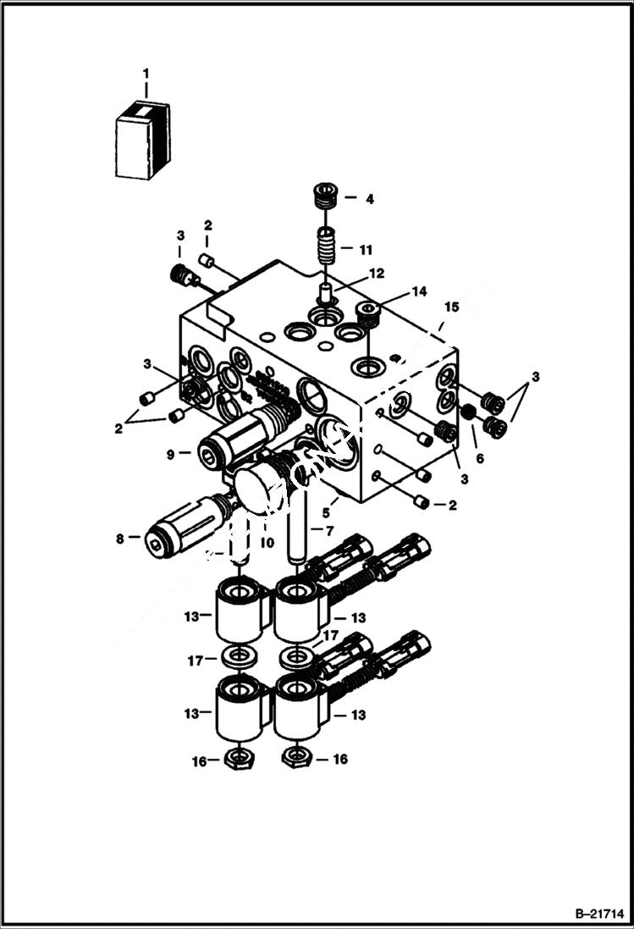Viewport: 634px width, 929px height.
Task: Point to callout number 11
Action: (x=366, y=251)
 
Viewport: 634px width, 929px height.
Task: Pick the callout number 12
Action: (x=376, y=274)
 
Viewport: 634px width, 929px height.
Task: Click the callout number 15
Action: (x=452, y=307)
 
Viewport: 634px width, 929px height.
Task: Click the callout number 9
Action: (x=170, y=454)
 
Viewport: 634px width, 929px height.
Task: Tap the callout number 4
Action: (x=369, y=200)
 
